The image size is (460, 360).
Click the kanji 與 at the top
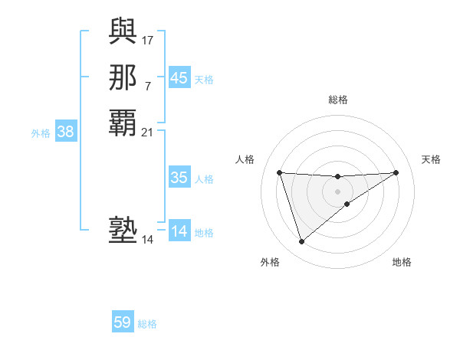point(123,31)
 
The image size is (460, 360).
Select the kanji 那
point(123,77)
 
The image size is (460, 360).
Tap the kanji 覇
point(123,123)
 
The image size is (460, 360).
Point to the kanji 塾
point(123,231)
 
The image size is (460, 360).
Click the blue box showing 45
point(179,78)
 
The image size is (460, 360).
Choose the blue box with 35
point(179,178)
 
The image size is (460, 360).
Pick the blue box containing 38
point(66,132)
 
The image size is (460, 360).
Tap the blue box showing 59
point(123,322)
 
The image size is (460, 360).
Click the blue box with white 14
point(179,231)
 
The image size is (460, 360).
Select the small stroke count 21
point(148,133)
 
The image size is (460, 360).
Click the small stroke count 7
point(148,86)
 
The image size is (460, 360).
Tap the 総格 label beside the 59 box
point(147,324)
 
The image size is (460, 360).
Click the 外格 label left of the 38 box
point(41,133)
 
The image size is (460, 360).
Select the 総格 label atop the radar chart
point(337,100)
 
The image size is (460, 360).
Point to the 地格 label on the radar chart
point(402,262)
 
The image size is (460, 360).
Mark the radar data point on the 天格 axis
point(396,172)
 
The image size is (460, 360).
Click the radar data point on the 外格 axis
point(301,242)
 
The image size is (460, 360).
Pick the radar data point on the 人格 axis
point(279,172)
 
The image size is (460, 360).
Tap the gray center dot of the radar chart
point(337,191)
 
